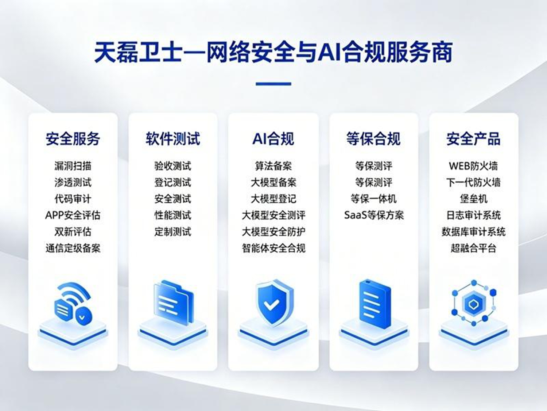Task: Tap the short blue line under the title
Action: (273, 84)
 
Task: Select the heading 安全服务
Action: (73, 139)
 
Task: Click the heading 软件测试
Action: (173, 139)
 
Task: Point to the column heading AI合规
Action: (273, 139)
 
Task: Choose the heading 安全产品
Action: (473, 139)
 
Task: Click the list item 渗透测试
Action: (73, 182)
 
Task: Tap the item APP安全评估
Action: (73, 215)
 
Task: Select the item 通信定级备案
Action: (73, 248)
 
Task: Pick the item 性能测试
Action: (173, 215)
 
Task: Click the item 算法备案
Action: (273, 166)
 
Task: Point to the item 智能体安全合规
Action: (273, 248)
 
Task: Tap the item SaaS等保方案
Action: (374, 215)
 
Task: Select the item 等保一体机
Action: (373, 199)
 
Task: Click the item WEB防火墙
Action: (473, 166)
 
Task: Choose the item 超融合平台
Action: (473, 248)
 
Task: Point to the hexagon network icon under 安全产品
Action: (474, 303)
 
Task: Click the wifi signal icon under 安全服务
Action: (73, 303)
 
